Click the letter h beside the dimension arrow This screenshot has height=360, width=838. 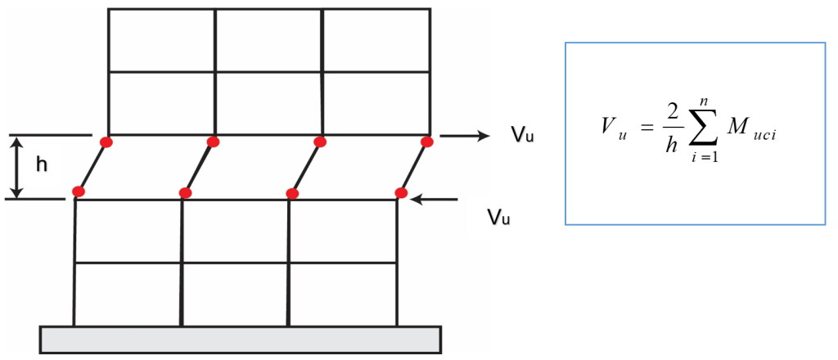click(42, 165)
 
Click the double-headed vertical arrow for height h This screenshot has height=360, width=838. click(18, 167)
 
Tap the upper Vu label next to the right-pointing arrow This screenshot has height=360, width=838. click(522, 136)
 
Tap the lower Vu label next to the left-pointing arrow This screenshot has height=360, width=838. click(498, 218)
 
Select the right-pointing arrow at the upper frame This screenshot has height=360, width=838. click(465, 136)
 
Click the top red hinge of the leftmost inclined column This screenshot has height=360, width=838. click(107, 142)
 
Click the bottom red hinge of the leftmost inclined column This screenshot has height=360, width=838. click(79, 191)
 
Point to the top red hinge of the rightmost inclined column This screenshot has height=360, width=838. click(426, 142)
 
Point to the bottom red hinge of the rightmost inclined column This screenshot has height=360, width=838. click(401, 193)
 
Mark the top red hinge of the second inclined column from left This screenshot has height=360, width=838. click(214, 142)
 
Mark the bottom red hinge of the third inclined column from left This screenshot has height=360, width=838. click(292, 193)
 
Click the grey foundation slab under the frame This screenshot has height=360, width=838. click(241, 340)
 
